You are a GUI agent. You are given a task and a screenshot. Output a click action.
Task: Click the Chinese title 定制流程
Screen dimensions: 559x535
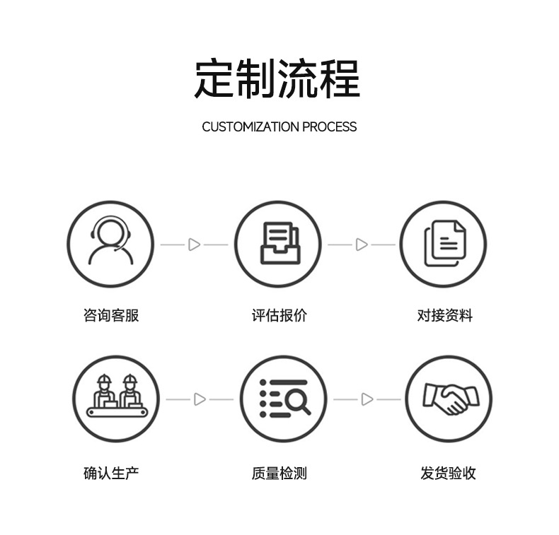pyautogui.click(x=277, y=78)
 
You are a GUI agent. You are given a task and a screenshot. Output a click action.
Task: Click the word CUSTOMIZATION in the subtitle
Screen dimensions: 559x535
pyautogui.click(x=250, y=127)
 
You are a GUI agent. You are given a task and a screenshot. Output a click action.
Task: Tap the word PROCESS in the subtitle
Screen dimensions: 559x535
pyautogui.click(x=330, y=127)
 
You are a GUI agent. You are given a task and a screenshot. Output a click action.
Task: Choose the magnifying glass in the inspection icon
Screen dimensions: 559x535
pyautogui.click(x=297, y=401)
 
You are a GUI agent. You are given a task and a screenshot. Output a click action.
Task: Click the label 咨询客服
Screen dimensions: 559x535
pyautogui.click(x=111, y=316)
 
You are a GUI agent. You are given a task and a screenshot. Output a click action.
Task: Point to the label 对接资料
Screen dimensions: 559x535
pyautogui.click(x=444, y=316)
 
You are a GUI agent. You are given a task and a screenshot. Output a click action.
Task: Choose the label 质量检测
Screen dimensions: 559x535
pyautogui.click(x=279, y=473)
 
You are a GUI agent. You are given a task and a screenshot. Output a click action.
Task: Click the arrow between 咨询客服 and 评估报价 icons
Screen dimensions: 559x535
pyautogui.click(x=194, y=245)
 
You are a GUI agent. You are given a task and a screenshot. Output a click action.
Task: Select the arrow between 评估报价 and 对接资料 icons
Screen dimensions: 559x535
pyautogui.click(x=362, y=245)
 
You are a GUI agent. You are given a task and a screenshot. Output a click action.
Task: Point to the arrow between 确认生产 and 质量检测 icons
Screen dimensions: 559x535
pyautogui.click(x=200, y=399)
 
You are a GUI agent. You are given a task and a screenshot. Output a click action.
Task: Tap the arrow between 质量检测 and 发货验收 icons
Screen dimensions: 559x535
pyautogui.click(x=367, y=399)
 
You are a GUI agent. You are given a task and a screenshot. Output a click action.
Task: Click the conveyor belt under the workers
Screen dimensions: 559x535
pyautogui.click(x=117, y=413)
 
